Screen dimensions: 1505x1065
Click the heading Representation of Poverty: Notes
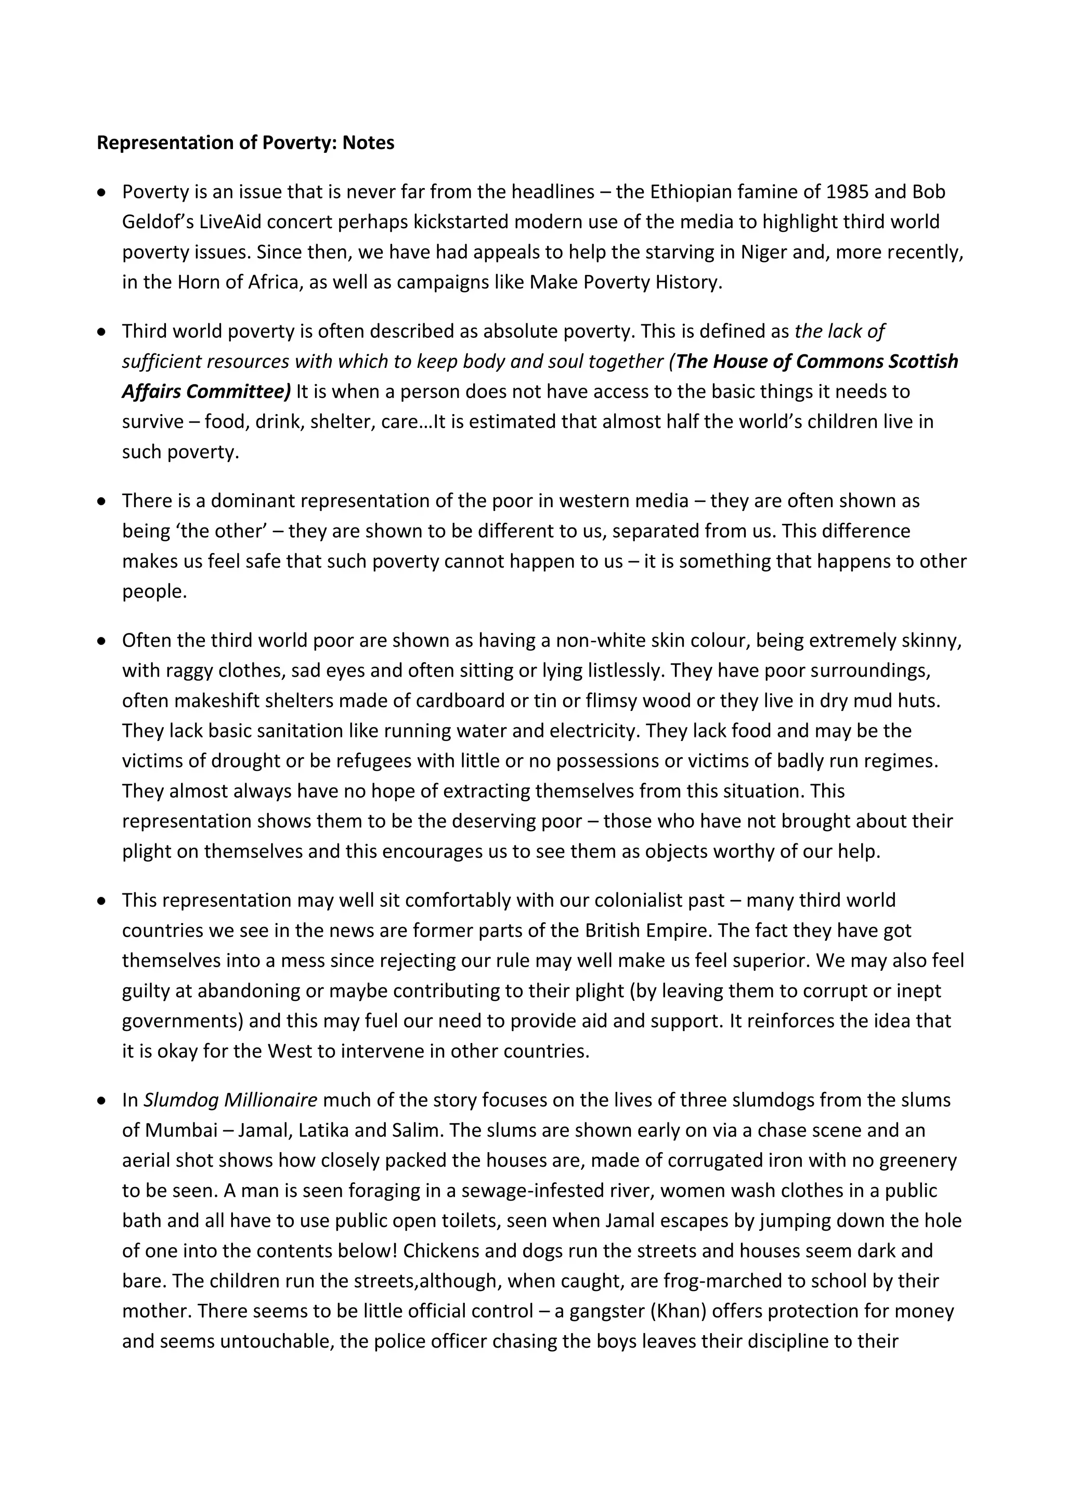tap(245, 143)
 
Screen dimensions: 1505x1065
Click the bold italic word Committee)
tap(239, 392)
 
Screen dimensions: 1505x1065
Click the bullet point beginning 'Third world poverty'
tap(101, 332)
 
